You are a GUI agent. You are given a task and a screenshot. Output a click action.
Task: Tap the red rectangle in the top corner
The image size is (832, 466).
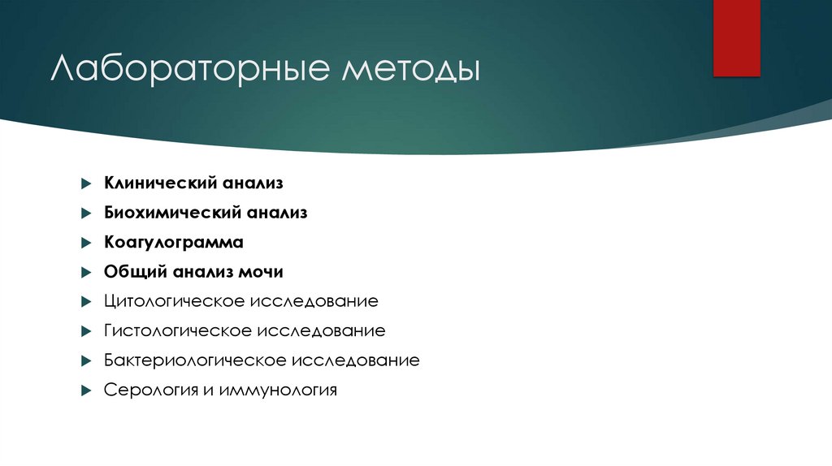point(736,37)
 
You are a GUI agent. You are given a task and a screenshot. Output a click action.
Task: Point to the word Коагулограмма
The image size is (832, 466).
point(174,243)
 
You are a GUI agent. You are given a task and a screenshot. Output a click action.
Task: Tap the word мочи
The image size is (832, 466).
point(262,272)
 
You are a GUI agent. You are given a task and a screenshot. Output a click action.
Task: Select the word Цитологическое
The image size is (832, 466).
point(175,302)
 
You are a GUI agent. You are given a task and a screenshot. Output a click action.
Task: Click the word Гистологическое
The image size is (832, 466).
point(178,331)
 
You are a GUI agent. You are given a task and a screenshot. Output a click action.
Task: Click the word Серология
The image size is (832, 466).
point(149,390)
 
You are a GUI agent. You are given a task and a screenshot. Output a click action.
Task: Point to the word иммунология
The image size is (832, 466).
point(277,390)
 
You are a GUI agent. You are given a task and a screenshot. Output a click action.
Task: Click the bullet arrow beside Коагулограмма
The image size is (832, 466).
point(85,243)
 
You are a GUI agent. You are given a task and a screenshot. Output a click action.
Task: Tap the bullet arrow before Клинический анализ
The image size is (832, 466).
point(85,184)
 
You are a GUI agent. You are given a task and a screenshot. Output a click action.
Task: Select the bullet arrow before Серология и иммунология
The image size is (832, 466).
point(85,390)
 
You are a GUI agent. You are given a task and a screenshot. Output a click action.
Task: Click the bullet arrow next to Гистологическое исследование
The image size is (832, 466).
point(85,331)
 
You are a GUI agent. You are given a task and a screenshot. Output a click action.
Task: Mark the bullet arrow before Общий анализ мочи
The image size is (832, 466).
point(85,273)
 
